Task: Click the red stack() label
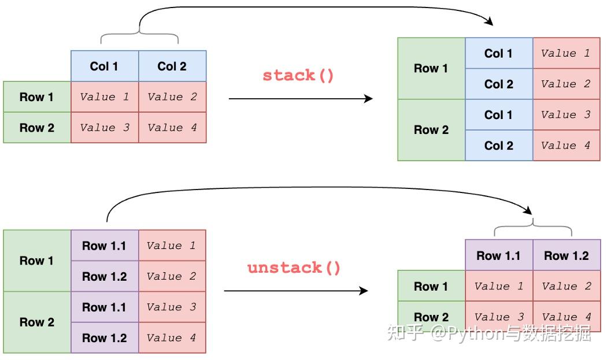click(298, 76)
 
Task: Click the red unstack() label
click(294, 268)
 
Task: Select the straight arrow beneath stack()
click(301, 98)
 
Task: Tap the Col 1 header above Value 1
click(104, 66)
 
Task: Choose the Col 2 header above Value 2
click(172, 66)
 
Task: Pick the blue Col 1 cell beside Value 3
click(498, 115)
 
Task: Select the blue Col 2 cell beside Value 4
click(498, 146)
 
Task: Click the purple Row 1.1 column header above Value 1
click(498, 255)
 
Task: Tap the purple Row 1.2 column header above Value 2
click(566, 255)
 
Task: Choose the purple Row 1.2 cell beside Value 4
click(104, 338)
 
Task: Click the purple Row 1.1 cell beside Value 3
click(104, 307)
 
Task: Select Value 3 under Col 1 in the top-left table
click(104, 128)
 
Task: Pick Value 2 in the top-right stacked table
click(565, 84)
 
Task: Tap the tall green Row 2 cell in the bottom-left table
click(36, 322)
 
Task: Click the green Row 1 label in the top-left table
click(36, 97)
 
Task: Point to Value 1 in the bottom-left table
click(172, 246)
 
